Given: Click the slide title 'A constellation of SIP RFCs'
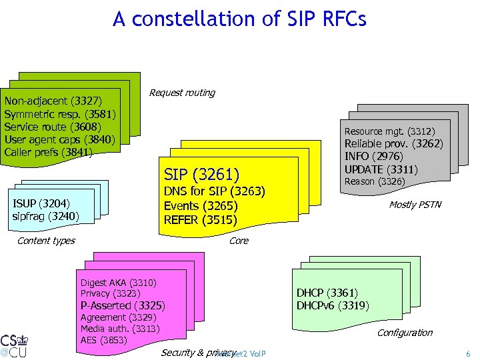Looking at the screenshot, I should pyautogui.click(x=239, y=19).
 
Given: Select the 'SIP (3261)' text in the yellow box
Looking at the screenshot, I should pyautogui.click(x=201, y=175).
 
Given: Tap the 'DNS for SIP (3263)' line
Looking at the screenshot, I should pyautogui.click(x=214, y=191).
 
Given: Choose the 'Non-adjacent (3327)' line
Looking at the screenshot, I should pyautogui.click(x=53, y=101).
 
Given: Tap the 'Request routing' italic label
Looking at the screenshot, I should pyautogui.click(x=182, y=93).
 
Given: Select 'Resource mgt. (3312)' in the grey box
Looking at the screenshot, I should pyautogui.click(x=389, y=131).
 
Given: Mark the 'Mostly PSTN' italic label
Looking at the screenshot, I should pyautogui.click(x=415, y=205).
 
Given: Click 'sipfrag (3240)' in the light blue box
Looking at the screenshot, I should pyautogui.click(x=45, y=216).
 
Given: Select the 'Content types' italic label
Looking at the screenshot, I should pyautogui.click(x=46, y=241).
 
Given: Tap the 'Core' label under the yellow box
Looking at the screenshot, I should pyautogui.click(x=239, y=241).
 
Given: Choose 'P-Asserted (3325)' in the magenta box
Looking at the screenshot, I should pyautogui.click(x=122, y=306).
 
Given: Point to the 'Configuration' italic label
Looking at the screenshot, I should pyautogui.click(x=405, y=333).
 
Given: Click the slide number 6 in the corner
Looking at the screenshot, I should pyautogui.click(x=467, y=353).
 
